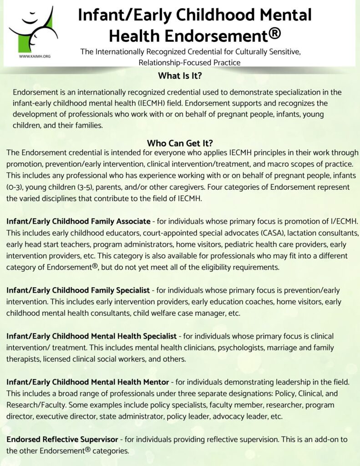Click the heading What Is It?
tap(180, 76)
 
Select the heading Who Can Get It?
tap(180, 142)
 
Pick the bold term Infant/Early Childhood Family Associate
tap(78, 222)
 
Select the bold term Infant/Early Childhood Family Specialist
tap(79, 290)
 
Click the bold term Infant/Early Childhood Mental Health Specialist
tap(91, 336)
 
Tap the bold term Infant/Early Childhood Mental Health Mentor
tap(88, 382)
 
